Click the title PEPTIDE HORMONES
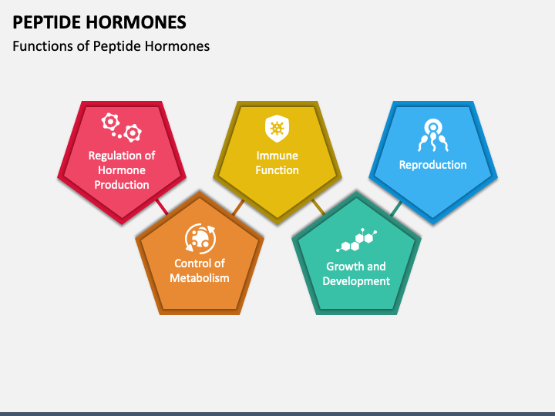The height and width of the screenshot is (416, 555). click(x=99, y=21)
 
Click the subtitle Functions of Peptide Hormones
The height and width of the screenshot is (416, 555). click(x=111, y=46)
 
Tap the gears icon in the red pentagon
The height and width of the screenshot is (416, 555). click(x=122, y=127)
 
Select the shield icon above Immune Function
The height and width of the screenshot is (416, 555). click(x=276, y=128)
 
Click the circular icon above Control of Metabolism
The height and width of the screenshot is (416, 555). click(x=200, y=238)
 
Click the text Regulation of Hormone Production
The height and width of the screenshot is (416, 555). click(x=122, y=170)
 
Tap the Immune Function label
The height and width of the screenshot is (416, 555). click(x=277, y=163)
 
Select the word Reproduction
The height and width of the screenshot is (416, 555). click(x=432, y=165)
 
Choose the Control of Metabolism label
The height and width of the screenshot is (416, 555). click(x=200, y=270)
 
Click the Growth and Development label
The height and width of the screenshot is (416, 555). click(x=355, y=273)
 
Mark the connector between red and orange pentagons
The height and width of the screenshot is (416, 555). click(x=162, y=206)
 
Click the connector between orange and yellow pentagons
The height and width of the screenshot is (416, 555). click(x=238, y=206)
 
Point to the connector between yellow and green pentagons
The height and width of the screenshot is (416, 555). click(x=318, y=206)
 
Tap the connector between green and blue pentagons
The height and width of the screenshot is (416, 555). click(x=395, y=207)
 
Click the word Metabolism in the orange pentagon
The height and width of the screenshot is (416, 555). click(x=200, y=278)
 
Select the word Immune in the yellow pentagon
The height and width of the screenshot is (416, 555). click(x=277, y=156)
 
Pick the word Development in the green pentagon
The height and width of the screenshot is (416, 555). click(x=355, y=281)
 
